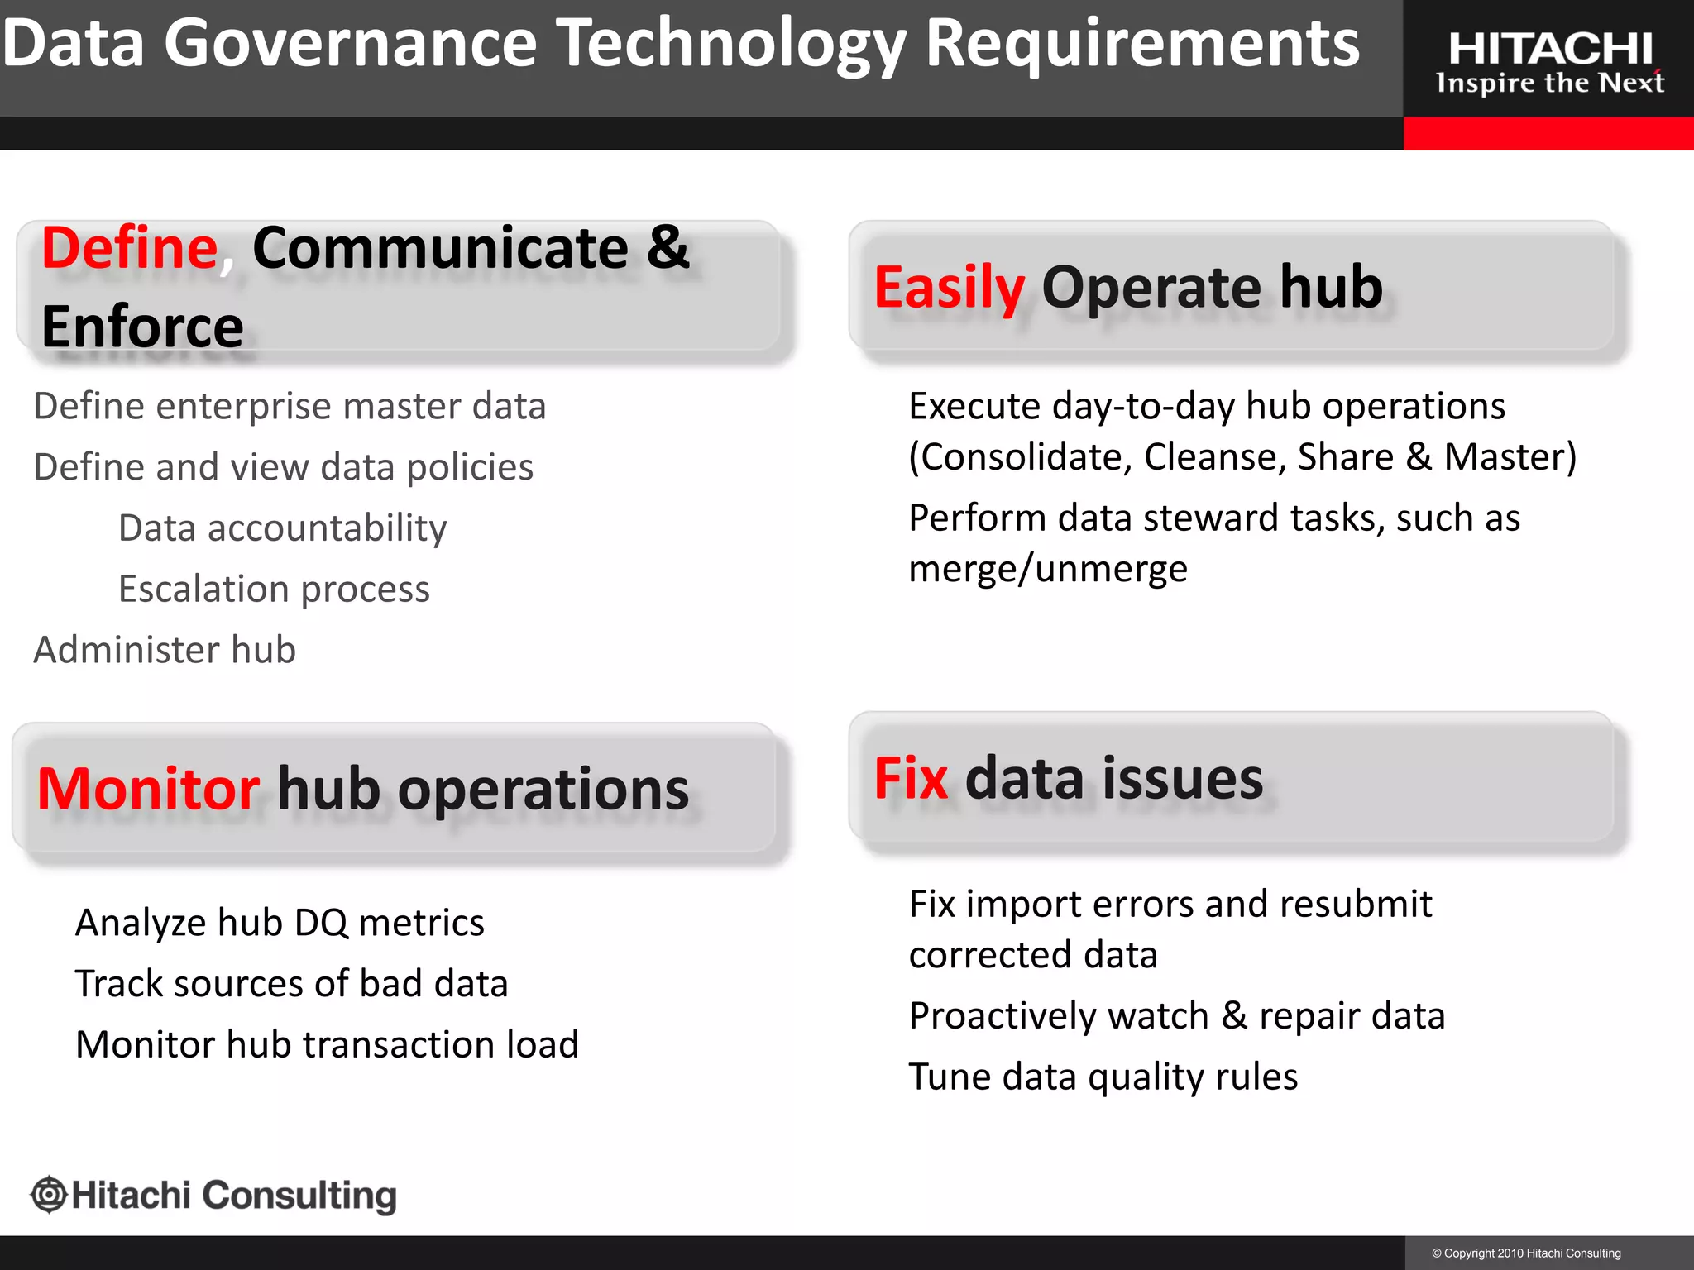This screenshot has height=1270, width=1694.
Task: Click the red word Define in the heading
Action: pos(130,248)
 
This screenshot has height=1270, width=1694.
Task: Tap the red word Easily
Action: pos(949,288)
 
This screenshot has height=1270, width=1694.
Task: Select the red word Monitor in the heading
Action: pos(149,789)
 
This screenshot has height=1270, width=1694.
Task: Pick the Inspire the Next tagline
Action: pos(1550,84)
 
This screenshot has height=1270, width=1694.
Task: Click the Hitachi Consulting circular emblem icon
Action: pos(49,1195)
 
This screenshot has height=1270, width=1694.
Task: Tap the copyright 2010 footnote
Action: pos(1526,1253)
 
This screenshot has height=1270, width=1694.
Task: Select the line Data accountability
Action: pos(282,528)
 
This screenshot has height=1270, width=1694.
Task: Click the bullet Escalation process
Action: pos(274,589)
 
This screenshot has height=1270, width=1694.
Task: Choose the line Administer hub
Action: pos(165,650)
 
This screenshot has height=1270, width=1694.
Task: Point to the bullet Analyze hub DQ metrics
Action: pos(280,923)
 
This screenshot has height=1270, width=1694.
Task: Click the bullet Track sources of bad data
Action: pos(291,984)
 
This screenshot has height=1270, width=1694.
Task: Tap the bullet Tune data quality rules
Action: pos(1103,1077)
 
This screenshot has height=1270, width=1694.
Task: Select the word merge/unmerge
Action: pos(1048,569)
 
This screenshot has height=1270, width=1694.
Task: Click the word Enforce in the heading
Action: pos(142,326)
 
